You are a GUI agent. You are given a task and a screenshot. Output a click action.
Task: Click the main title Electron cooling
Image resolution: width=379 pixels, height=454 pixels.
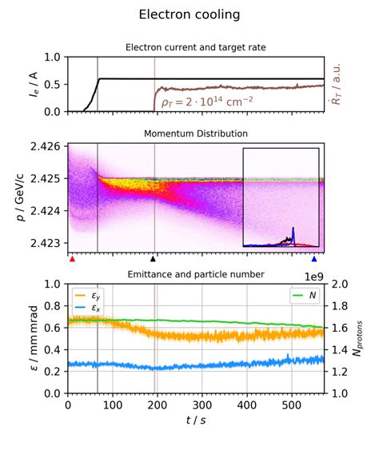point(189,15)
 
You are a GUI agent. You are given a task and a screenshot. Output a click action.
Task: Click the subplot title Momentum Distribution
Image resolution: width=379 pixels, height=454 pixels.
point(195,133)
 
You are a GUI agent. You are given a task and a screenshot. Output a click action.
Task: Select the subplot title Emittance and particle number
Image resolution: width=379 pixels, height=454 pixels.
point(195,274)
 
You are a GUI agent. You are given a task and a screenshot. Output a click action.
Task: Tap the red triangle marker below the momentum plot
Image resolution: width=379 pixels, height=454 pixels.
point(72,259)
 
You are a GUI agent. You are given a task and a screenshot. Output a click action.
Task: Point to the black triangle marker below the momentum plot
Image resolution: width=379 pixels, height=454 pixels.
point(154,259)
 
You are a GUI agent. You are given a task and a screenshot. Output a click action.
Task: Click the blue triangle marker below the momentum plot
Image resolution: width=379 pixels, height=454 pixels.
point(314,259)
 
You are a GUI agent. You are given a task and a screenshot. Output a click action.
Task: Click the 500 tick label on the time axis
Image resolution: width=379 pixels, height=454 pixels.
point(292,405)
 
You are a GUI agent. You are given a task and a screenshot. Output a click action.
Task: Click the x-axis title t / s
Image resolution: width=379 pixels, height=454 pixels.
point(195,422)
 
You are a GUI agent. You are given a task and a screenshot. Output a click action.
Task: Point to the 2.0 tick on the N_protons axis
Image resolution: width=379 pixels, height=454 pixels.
point(338,284)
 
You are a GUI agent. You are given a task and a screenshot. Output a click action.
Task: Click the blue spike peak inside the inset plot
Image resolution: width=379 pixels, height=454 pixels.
point(293,229)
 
